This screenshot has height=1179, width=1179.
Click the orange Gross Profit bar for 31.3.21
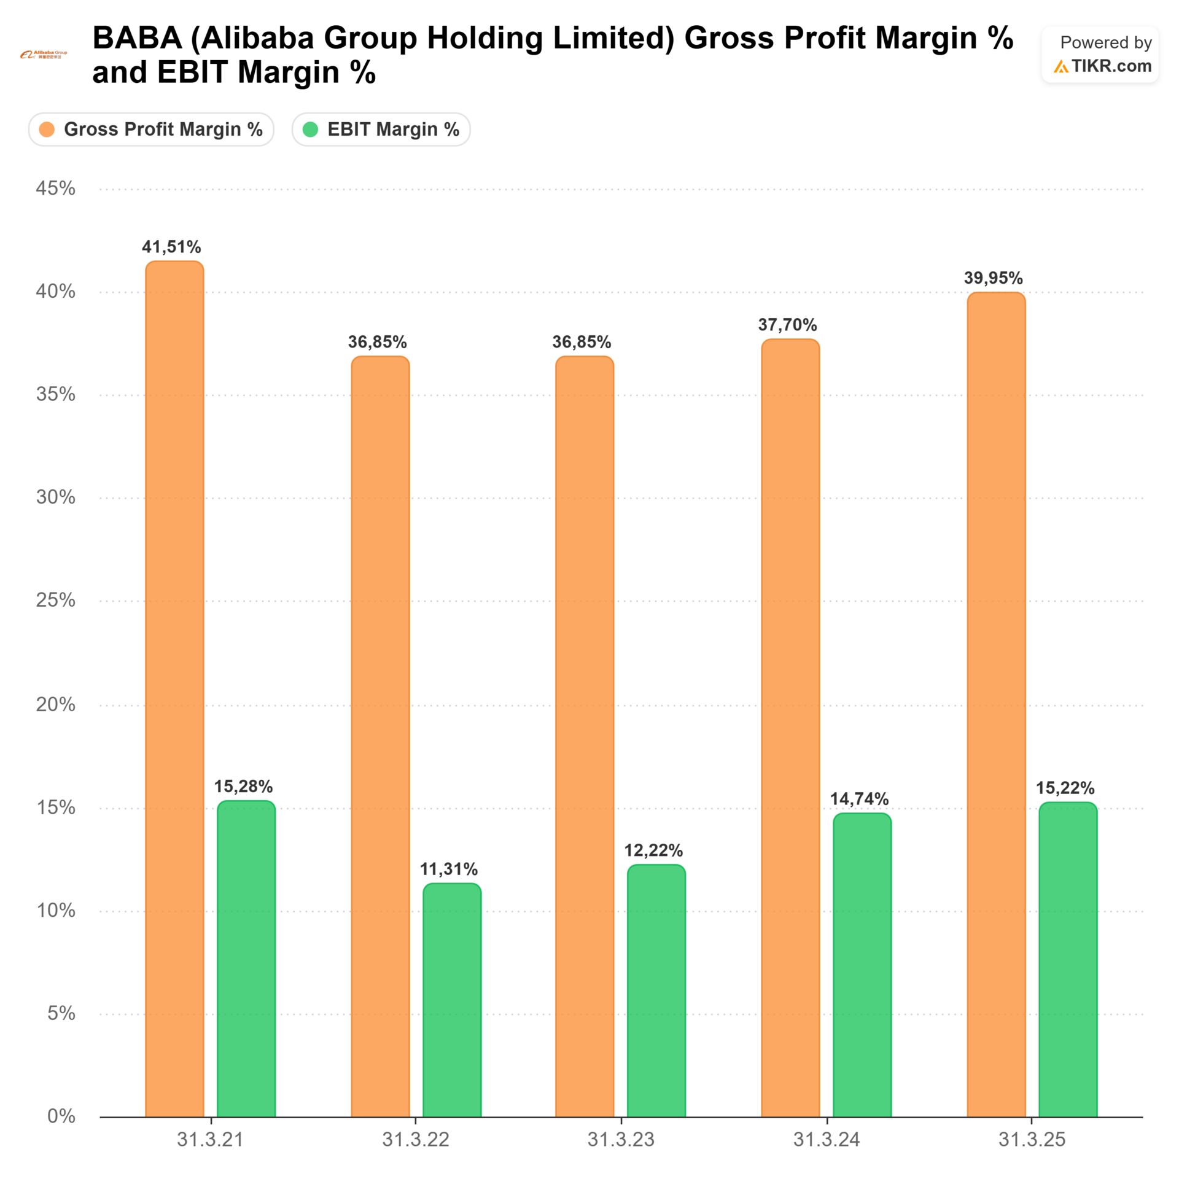click(x=174, y=688)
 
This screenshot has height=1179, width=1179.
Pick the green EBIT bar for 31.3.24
click(x=862, y=964)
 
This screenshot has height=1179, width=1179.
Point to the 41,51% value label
click(x=171, y=247)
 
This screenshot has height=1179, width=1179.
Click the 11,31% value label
click(x=449, y=869)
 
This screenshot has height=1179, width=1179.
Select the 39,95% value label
click(x=993, y=278)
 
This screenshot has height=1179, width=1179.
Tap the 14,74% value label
click(x=859, y=799)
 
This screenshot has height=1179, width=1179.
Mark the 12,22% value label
click(x=653, y=850)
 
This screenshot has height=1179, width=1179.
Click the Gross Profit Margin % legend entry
click(x=151, y=130)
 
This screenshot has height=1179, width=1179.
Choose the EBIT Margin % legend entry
click(x=381, y=130)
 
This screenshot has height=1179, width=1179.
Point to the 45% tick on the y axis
click(x=55, y=189)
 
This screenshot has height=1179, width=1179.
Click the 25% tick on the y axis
click(x=55, y=601)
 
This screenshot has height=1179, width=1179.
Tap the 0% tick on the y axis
click(x=61, y=1116)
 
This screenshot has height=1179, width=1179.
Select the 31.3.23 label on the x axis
click(x=621, y=1140)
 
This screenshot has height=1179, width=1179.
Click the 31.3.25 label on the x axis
click(x=1032, y=1140)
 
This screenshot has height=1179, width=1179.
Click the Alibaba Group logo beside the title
click(x=44, y=55)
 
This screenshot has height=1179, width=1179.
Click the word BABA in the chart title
click(x=137, y=38)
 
